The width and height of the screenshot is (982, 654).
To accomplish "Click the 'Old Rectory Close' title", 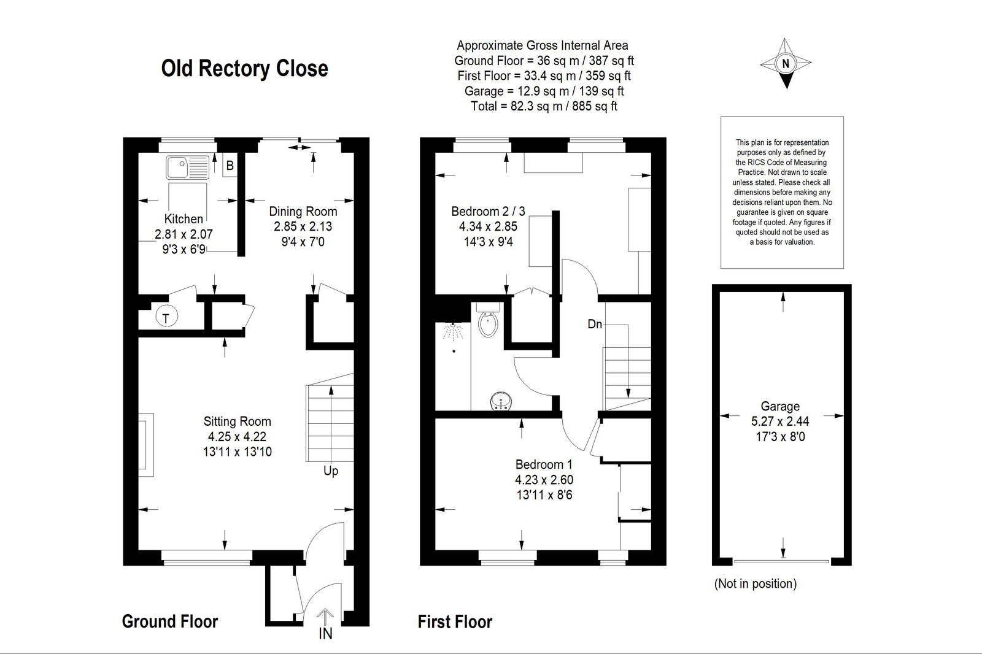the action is tap(245, 69).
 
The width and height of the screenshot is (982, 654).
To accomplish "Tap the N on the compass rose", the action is tap(785, 64).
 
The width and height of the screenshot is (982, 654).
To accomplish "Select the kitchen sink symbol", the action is tap(188, 167).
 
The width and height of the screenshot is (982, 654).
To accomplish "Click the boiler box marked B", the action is tap(230, 165).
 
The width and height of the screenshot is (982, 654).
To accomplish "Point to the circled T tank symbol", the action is tap(166, 317).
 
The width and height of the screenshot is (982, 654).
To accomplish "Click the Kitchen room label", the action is tap(184, 219).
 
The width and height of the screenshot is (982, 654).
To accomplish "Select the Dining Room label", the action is tap(303, 212).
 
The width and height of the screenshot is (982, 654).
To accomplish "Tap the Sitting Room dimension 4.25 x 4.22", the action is tap(237, 437).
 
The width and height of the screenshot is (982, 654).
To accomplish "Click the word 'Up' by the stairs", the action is tap(331, 471).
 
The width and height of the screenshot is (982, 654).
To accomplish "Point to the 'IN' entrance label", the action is tap(325, 633).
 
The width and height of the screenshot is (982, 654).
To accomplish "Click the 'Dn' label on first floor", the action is tap(595, 325).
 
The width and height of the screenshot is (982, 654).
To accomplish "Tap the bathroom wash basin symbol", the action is tap(501, 401).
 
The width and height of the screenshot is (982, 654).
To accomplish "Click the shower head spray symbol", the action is tap(453, 331).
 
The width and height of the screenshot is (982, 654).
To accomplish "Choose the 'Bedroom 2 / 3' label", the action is tap(488, 212).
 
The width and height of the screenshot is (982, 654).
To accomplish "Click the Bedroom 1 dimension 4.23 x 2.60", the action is tap(544, 480).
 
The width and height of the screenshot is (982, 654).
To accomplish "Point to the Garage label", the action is tap(780, 407).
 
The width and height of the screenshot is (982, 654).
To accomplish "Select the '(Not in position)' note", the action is tap(756, 584).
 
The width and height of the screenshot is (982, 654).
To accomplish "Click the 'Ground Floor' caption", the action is tap(169, 621).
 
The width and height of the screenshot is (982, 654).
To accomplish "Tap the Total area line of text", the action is tap(544, 107).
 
